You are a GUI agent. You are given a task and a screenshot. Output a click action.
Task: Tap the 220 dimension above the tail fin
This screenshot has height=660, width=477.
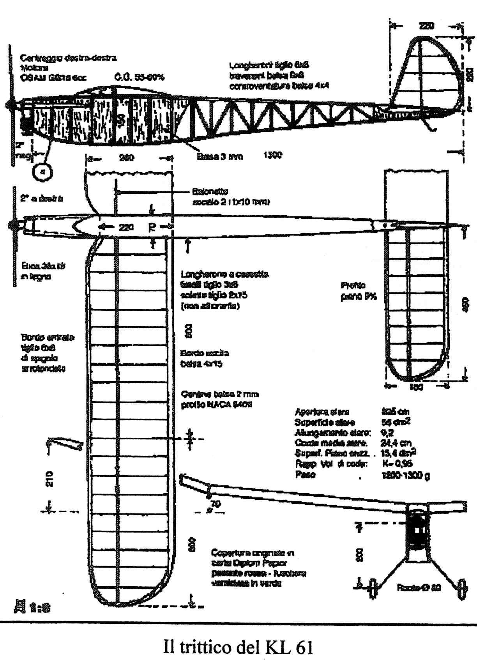click(x=427, y=26)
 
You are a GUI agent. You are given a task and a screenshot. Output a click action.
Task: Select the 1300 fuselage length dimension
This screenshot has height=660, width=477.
click(x=272, y=155)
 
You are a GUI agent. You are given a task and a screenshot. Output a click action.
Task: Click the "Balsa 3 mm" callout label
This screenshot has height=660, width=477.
click(x=220, y=156)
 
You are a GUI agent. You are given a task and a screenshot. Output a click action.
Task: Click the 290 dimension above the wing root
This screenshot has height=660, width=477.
click(x=126, y=158)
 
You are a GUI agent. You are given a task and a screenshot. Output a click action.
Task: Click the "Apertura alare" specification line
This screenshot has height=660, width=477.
click(x=322, y=412)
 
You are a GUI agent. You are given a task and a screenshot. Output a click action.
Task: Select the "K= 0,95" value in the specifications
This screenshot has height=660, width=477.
click(x=396, y=464)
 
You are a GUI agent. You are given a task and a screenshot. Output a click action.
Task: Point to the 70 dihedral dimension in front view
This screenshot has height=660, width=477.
click(x=216, y=504)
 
